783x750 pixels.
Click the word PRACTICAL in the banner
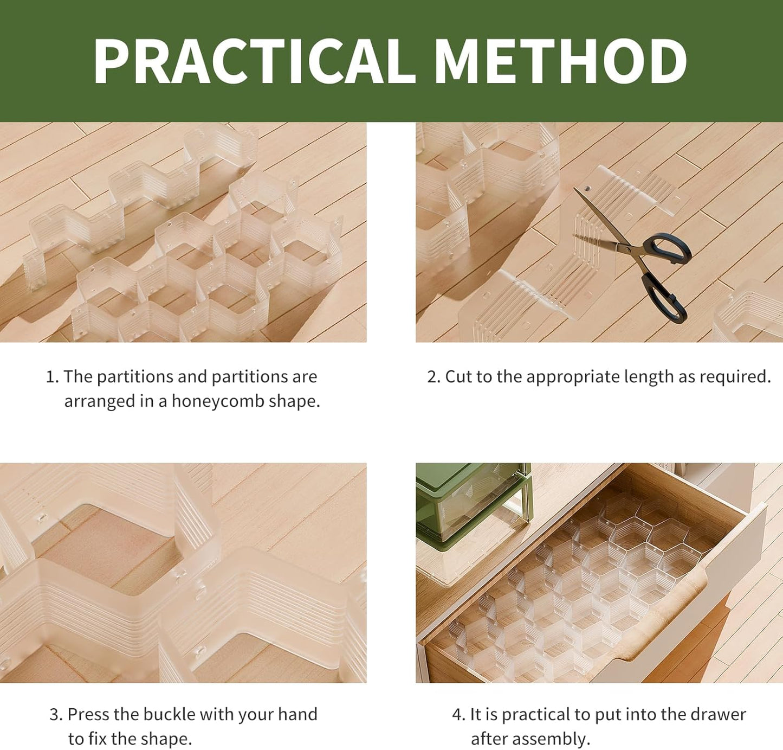[254, 61]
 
